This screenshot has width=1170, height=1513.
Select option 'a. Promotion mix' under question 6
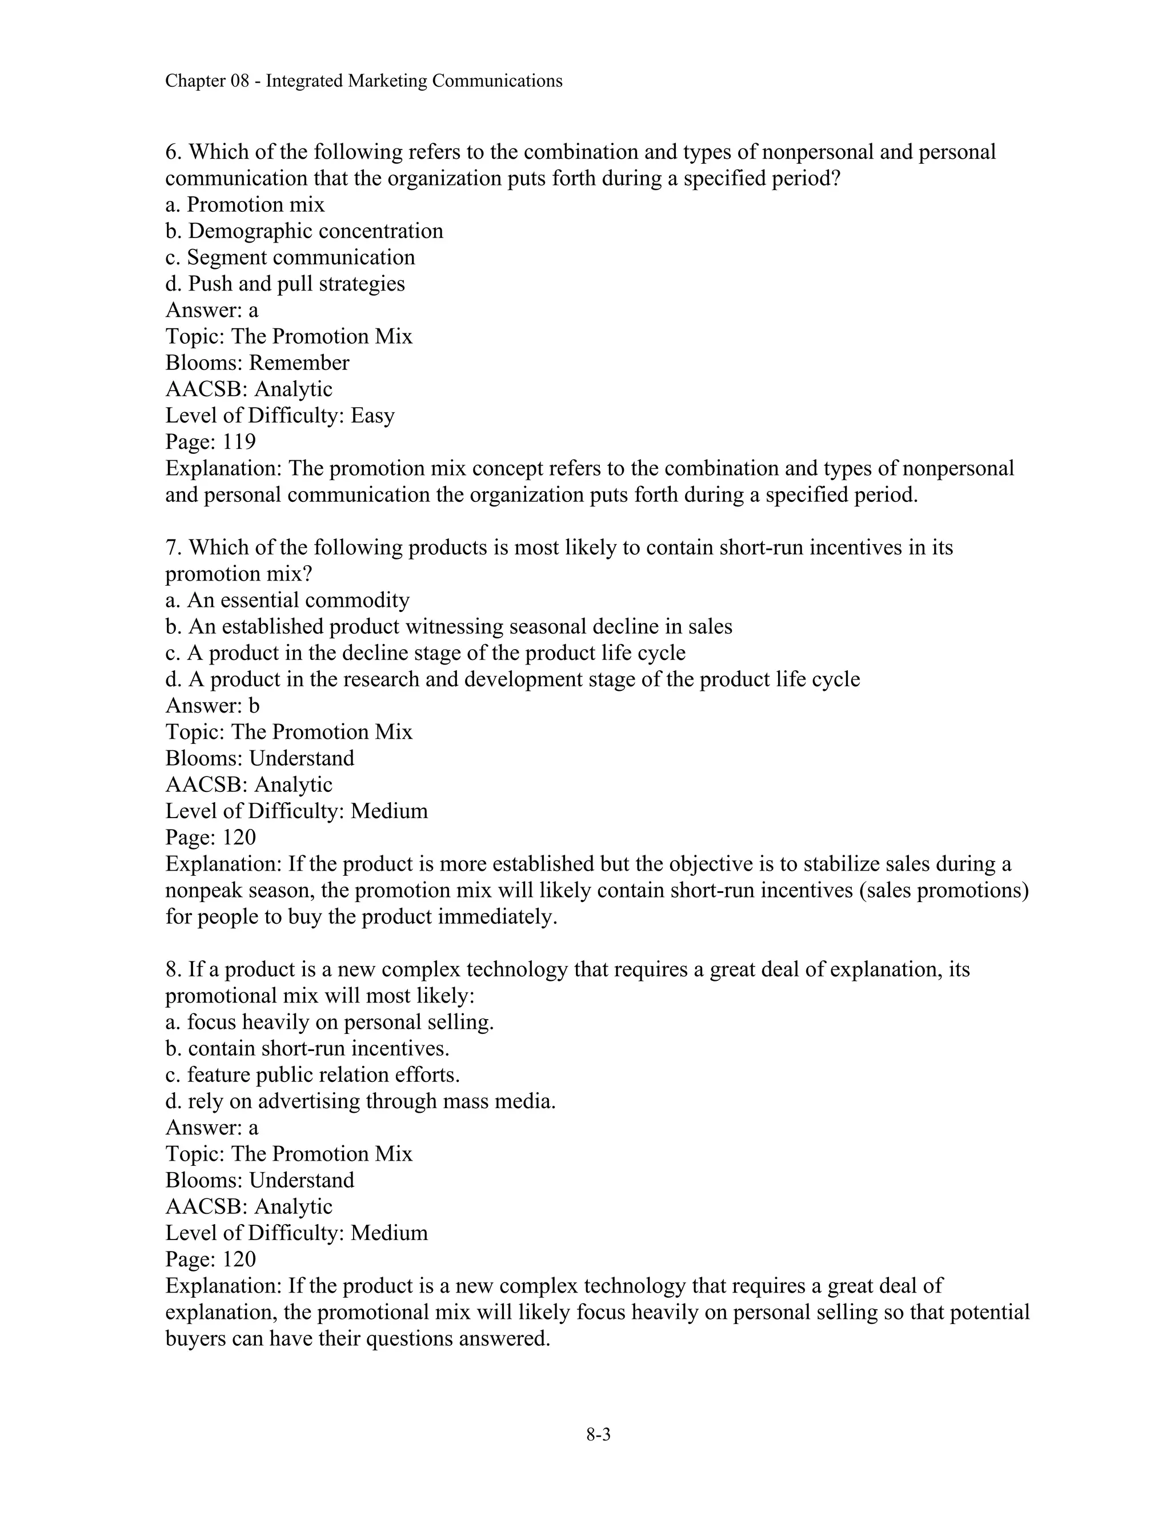point(245,204)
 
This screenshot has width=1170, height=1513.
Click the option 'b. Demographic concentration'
point(304,231)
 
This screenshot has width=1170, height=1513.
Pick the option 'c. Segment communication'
point(290,257)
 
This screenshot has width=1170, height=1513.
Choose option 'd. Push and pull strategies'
point(285,283)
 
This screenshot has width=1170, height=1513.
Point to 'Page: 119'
point(211,441)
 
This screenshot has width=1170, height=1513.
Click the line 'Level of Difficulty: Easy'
point(280,415)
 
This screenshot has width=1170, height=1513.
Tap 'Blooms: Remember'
point(257,363)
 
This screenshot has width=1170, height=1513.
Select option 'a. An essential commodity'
point(287,599)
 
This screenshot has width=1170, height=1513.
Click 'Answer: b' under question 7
point(212,705)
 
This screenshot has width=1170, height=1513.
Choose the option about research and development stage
point(512,679)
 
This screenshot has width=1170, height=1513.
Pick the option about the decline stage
point(425,653)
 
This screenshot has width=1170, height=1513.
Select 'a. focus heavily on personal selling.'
point(329,1022)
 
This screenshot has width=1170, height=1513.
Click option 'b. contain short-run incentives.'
point(307,1048)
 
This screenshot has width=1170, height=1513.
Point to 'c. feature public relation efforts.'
point(312,1075)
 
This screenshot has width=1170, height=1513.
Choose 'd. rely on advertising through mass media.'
point(360,1101)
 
